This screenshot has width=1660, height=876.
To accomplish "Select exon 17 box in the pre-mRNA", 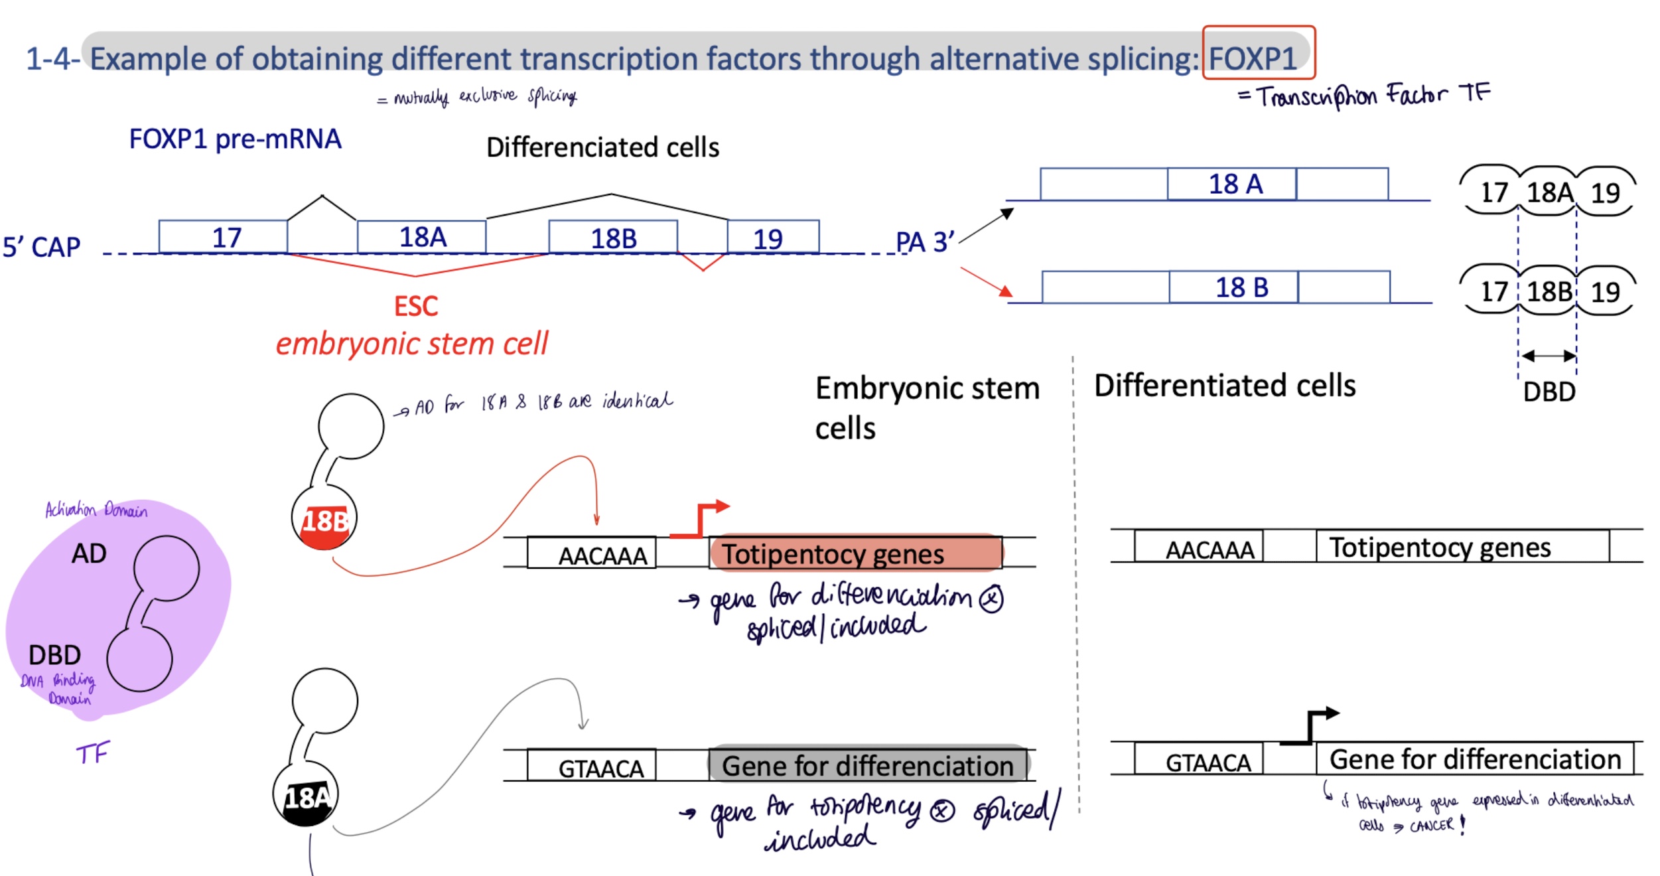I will [223, 237].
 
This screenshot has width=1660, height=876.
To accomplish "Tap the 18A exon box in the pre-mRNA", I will [422, 237].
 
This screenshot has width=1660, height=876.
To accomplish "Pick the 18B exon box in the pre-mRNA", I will [613, 237].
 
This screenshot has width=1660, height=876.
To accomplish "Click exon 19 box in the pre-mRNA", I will [773, 237].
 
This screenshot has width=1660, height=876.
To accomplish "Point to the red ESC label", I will [416, 307].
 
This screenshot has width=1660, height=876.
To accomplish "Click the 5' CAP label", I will [41, 247].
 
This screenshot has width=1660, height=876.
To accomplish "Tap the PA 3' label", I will [925, 242].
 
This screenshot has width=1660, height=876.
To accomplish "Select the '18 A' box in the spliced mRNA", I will [1231, 184].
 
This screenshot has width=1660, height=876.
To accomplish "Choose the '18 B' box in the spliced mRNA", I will [1233, 287].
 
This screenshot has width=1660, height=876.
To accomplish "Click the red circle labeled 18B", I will [324, 518].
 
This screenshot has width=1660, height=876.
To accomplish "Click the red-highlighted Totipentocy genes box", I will [855, 553].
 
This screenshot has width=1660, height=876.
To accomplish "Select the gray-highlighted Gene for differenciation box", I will [868, 765].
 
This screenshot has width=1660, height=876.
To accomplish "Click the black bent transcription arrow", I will [1310, 727].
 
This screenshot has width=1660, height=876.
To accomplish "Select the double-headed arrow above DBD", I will [1548, 356].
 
